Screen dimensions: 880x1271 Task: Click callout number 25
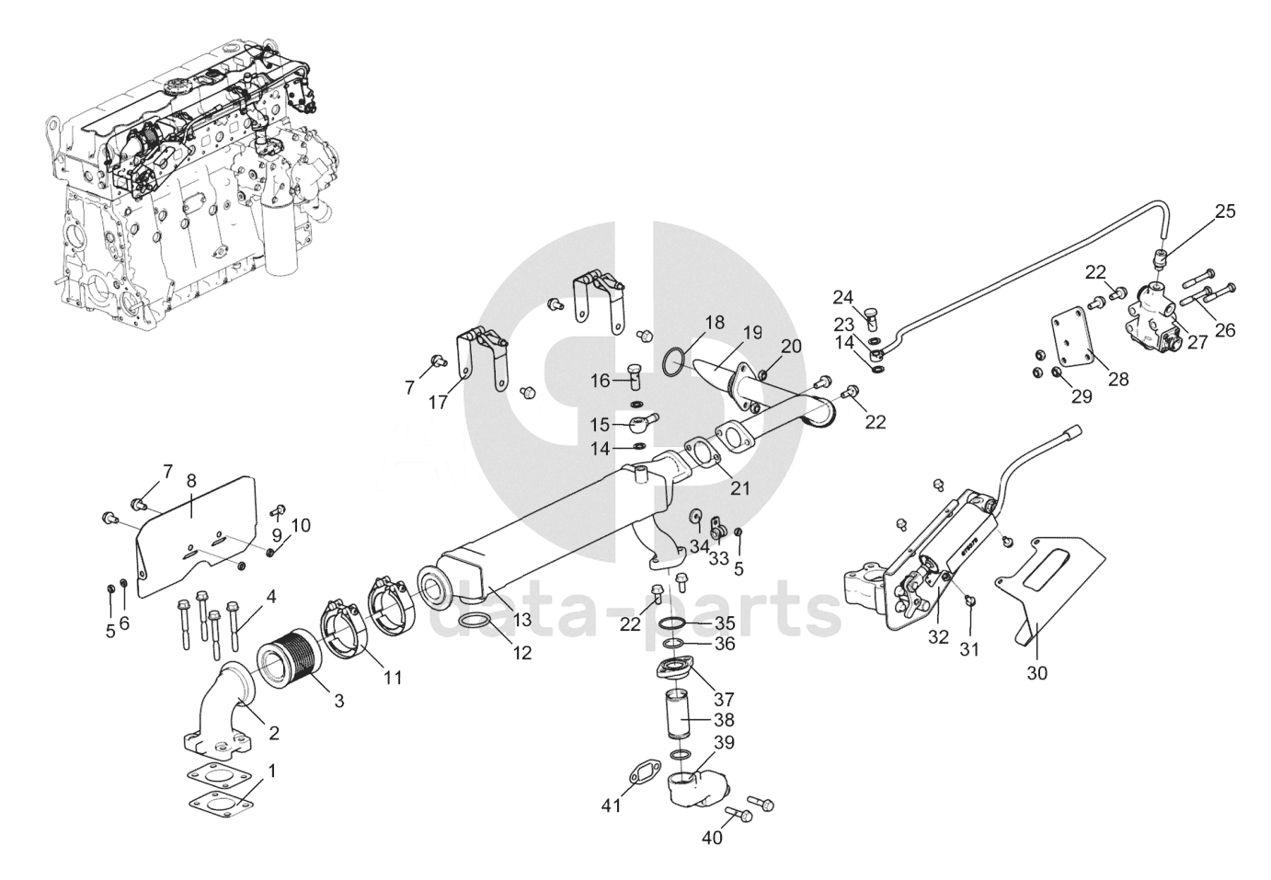point(1225,211)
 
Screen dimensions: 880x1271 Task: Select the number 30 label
point(1036,673)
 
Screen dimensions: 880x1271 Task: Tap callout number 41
point(612,806)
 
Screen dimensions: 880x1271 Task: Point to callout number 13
point(522,620)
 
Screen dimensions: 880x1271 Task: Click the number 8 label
point(191,479)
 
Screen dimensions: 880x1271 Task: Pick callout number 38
point(724,721)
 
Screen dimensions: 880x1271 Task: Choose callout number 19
point(753,332)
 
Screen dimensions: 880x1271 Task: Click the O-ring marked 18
point(673,362)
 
